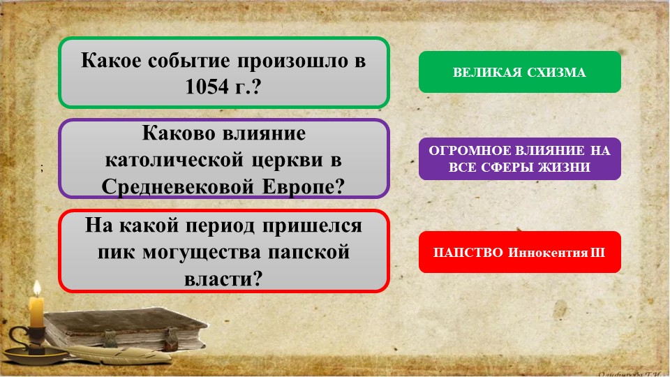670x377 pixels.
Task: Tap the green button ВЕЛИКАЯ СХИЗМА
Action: point(519,72)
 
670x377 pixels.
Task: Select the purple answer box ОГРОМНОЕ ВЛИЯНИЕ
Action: point(519,158)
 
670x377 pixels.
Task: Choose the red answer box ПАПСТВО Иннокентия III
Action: point(519,251)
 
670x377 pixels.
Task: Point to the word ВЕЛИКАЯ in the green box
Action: point(486,73)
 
